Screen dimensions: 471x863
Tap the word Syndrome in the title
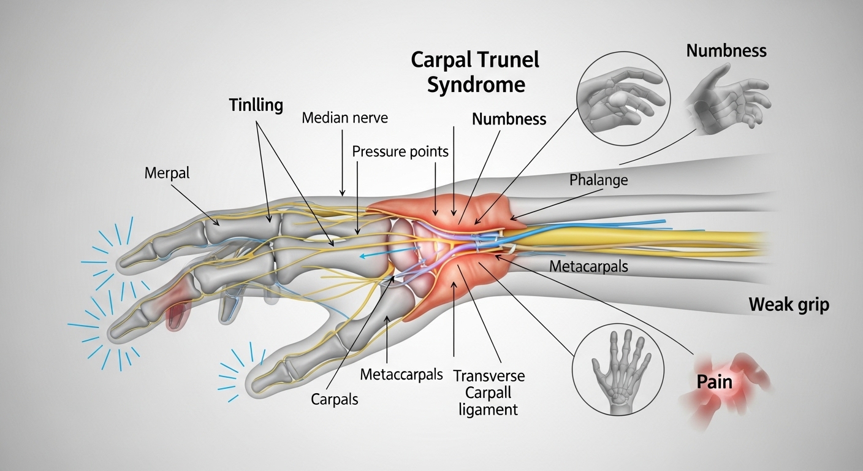coord(476,85)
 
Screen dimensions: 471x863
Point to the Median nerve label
coord(344,117)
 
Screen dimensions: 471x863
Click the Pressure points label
coord(400,151)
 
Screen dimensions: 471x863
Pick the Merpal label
coord(167,173)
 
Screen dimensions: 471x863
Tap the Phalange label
coord(598,180)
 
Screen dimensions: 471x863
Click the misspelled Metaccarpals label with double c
coord(401,374)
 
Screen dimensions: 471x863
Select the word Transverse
coord(489,375)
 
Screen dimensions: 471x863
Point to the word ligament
coord(488,409)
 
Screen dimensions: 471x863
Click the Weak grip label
coord(788,305)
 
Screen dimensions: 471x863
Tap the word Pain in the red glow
coord(714,382)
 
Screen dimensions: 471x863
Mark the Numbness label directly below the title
coord(509,119)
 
